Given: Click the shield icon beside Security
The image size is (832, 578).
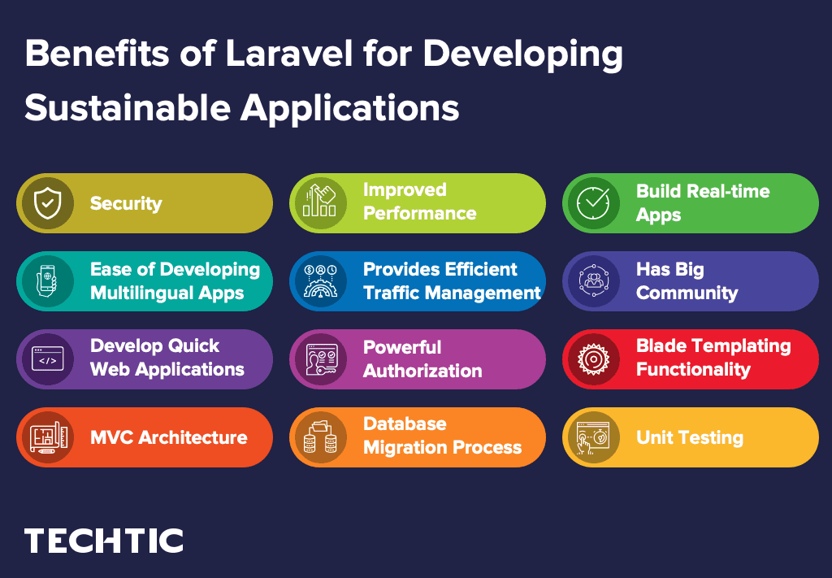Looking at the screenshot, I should pos(46,203).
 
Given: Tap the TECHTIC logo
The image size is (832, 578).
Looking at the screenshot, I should pos(103,541).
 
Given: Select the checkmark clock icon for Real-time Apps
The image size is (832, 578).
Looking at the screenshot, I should pos(592,203).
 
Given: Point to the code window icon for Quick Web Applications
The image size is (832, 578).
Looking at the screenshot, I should pos(46,359).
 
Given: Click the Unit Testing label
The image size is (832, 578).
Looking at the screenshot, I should pos(689,437).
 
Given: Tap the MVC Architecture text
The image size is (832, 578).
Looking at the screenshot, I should pos(168,437).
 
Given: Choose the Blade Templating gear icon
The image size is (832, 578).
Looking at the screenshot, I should pos(592,359).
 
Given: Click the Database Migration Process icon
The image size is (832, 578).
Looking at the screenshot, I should pos(319,437).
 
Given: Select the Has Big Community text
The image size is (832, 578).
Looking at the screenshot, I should pos(687,281).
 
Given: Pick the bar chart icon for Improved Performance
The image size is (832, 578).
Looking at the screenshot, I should pos(319,203).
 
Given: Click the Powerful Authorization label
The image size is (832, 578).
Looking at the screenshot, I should pos(422,359).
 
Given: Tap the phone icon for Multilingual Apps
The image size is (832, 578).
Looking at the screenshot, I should pos(46,281).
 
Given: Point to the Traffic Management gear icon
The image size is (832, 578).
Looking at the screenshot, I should pos(319,281).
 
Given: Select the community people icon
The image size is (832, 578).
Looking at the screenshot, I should pos(592,281).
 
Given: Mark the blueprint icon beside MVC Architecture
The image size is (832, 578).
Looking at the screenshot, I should pos(46,437).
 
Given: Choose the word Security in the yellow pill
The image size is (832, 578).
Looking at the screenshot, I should pos(125,203).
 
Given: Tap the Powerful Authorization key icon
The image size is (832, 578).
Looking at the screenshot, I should pos(319,359).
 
